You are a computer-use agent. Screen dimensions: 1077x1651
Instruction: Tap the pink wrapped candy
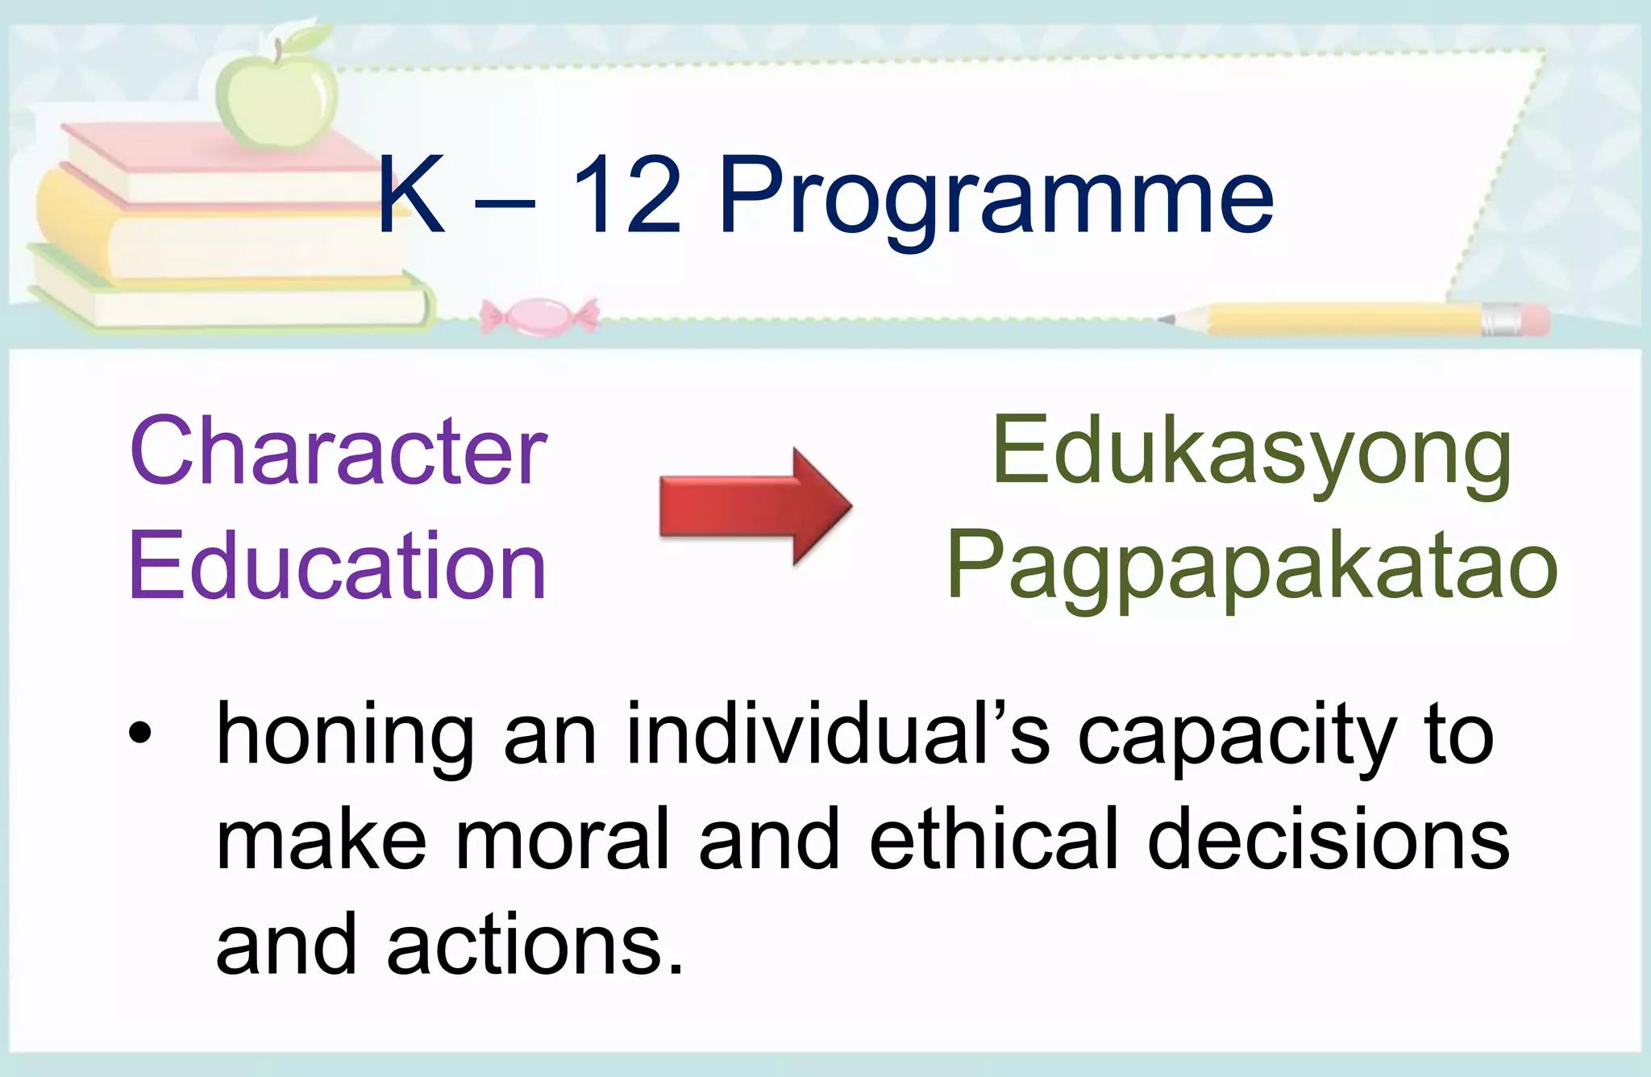pos(539,316)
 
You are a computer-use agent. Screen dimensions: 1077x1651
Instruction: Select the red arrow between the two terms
pos(755,505)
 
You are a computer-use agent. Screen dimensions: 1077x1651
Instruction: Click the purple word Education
pos(339,567)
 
